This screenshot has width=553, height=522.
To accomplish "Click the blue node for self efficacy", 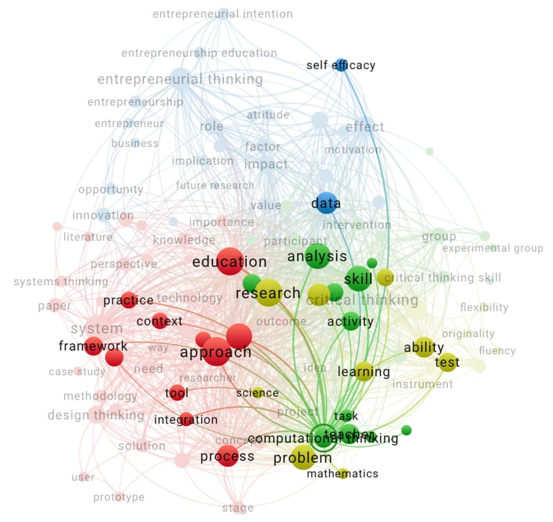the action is [341, 65].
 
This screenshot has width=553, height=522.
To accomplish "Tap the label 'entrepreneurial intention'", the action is [222, 14].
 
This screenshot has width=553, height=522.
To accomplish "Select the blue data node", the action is [325, 203].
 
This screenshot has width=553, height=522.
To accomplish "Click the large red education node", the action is [230, 261].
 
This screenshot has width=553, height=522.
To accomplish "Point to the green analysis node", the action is [317, 256].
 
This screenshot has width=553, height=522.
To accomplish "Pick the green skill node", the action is [358, 278].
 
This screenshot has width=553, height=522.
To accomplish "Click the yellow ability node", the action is [423, 348].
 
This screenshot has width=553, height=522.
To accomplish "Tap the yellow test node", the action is [447, 362].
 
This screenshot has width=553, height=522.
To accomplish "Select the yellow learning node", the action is [364, 372].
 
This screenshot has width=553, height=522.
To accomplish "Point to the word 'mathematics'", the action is [342, 474].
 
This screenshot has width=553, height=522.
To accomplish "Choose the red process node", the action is [228, 456].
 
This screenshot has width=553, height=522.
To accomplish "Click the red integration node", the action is [186, 420].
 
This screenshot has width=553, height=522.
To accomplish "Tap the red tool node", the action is [176, 393].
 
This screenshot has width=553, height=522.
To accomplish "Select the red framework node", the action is [93, 346].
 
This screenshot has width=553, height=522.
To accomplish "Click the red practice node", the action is [128, 300].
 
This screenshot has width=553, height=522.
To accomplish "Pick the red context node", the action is [159, 321].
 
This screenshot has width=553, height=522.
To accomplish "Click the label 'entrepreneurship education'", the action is [199, 53].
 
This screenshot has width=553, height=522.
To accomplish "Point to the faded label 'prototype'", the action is [119, 497].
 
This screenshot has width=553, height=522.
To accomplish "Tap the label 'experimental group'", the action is [493, 249].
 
